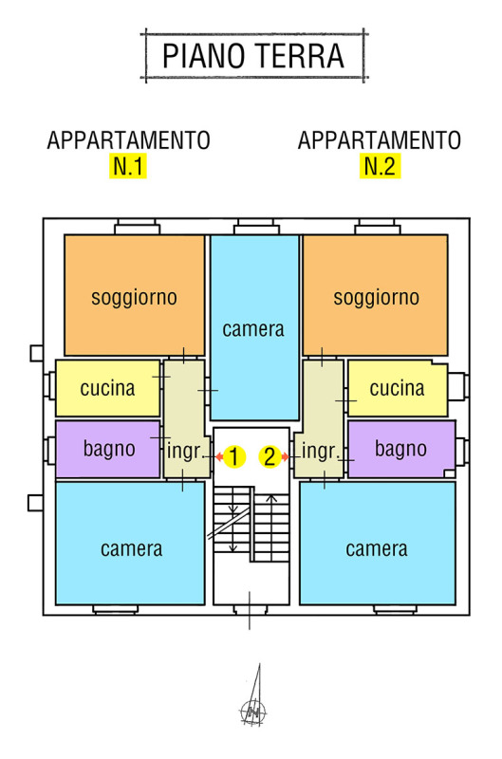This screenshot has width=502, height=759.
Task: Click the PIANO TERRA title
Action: click(253, 56)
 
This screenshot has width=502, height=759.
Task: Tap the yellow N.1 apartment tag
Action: click(128, 166)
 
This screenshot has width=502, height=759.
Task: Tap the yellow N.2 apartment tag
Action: click(380, 166)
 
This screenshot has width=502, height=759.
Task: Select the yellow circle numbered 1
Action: click(234, 456)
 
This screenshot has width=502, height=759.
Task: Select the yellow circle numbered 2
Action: click(270, 456)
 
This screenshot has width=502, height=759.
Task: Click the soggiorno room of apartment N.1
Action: click(134, 295)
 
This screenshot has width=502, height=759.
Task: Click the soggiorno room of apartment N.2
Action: click(375, 295)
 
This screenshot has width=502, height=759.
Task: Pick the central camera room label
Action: click(253, 329)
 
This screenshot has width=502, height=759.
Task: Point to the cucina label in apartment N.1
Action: click(107, 388)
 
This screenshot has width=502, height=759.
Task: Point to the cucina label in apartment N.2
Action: click(397, 388)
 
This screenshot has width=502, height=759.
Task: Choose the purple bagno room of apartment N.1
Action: click(107, 449)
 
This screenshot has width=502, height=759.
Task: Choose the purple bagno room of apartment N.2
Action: click(401, 449)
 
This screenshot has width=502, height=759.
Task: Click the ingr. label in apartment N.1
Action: click(184, 452)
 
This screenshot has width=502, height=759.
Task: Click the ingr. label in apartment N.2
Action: click(319, 452)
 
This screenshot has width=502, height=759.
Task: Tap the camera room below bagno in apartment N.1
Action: click(130, 543)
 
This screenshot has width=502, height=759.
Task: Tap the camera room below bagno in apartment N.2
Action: click(377, 543)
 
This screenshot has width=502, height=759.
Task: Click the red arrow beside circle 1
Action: click(219, 456)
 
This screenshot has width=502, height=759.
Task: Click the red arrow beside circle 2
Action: click(285, 456)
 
